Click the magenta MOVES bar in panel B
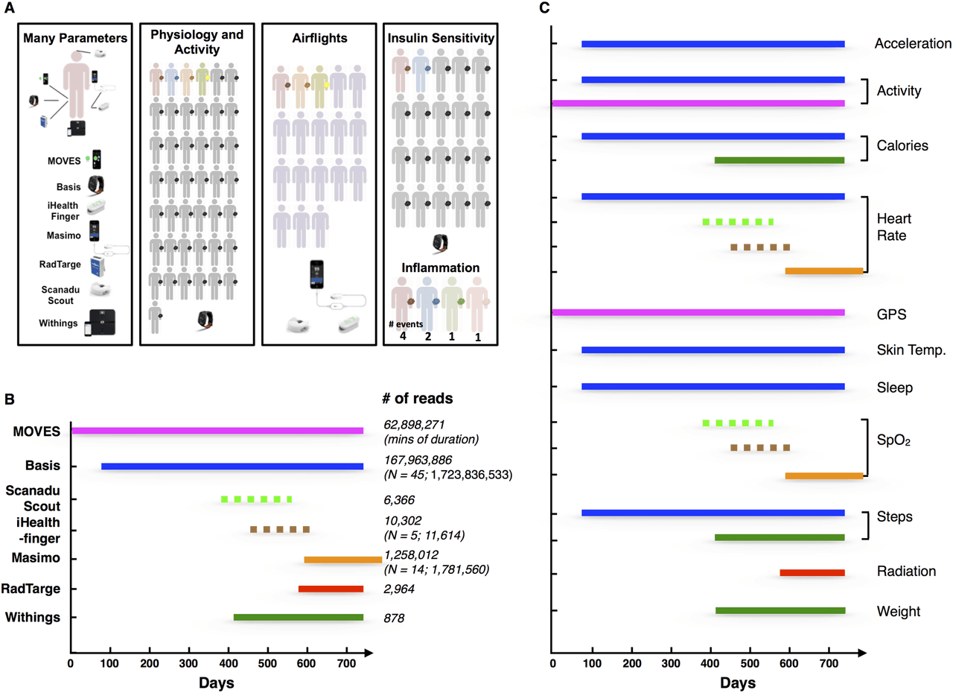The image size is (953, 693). tap(217, 431)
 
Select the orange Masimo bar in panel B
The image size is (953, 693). tap(342, 559)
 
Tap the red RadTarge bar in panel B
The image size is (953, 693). tap(331, 589)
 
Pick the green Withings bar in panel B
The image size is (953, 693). tap(298, 617)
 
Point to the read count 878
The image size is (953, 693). tap(394, 617)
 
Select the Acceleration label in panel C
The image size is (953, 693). tap(913, 44)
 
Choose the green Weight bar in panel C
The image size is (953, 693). tap(780, 610)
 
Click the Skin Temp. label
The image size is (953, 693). tap(911, 350)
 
